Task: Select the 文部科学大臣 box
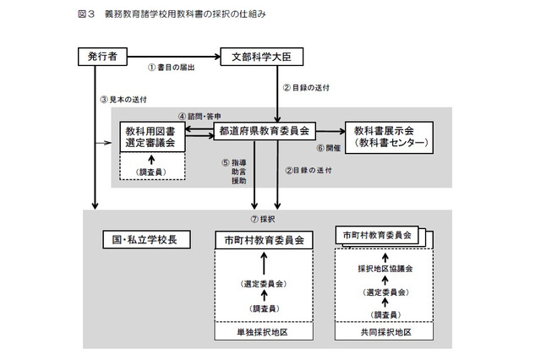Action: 261,56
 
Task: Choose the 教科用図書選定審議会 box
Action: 151,135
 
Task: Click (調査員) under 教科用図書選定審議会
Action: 151,172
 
